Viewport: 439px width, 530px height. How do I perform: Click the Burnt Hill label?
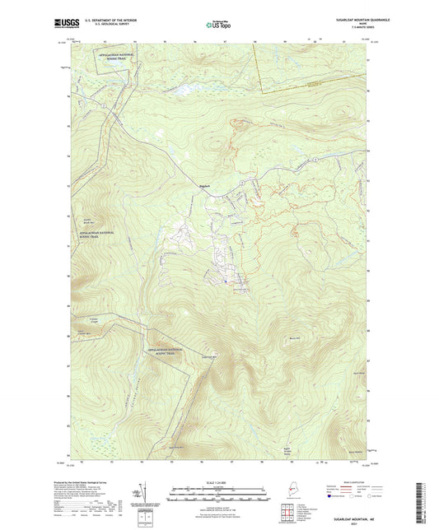(295, 337)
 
